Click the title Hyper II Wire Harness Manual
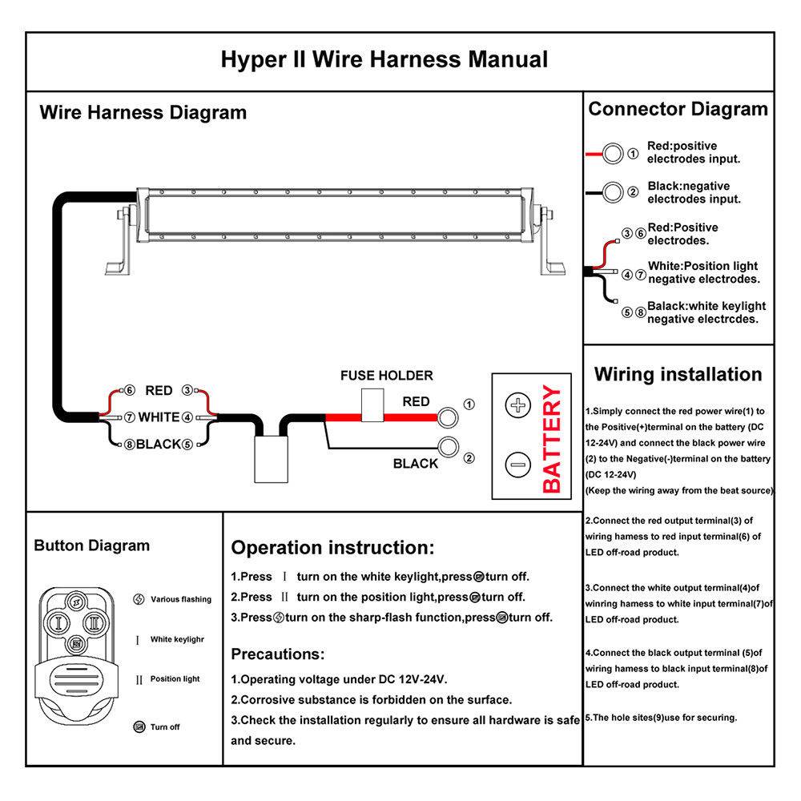(384, 60)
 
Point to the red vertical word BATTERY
(553, 439)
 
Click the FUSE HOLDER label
(386, 375)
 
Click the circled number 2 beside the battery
(469, 458)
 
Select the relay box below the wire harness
(271, 459)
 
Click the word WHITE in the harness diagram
(159, 417)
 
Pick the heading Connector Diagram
(678, 109)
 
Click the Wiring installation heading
(678, 374)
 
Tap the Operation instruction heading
(332, 548)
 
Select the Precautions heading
(277, 654)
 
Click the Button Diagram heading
(91, 545)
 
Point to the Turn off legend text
(165, 727)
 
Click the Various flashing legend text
(181, 599)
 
